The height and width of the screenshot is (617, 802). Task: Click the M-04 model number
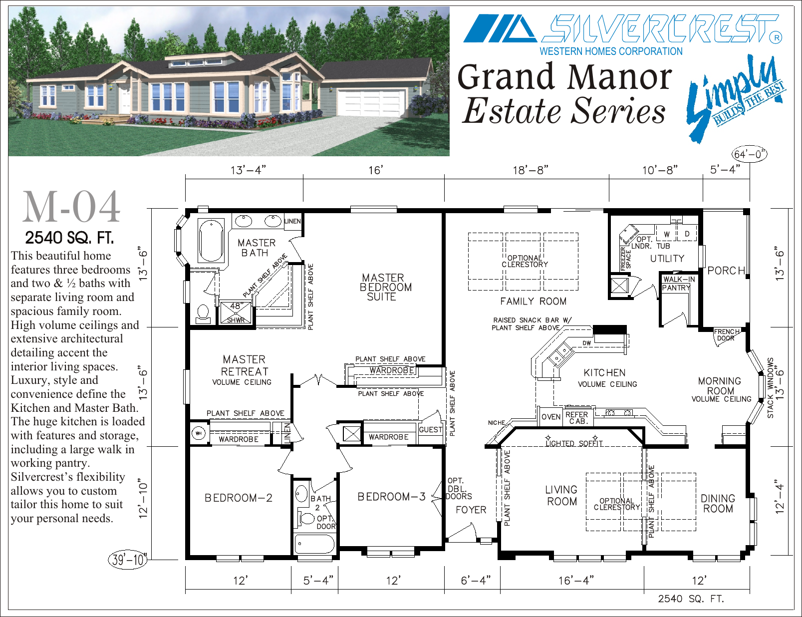(x=71, y=207)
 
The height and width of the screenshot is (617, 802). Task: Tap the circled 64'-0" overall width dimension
(x=749, y=154)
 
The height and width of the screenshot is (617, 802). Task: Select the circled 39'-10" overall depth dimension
(x=128, y=560)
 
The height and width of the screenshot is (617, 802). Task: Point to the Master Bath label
(x=257, y=248)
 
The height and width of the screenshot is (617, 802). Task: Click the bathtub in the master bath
(x=211, y=240)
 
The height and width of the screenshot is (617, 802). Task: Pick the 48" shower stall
(x=236, y=312)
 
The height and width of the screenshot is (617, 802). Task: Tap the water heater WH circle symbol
(x=199, y=433)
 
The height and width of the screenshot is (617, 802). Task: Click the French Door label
(x=726, y=334)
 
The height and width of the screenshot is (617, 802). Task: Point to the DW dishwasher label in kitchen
(x=587, y=343)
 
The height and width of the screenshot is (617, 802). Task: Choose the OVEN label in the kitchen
(x=551, y=417)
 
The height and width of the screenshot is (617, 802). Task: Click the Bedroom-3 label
(x=392, y=497)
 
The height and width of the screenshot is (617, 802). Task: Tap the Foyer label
(x=471, y=510)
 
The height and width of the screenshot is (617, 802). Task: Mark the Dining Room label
(x=718, y=503)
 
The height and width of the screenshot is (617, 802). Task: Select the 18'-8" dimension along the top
(x=531, y=170)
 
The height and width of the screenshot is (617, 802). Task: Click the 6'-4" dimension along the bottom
(x=476, y=581)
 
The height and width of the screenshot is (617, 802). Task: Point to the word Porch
(x=726, y=271)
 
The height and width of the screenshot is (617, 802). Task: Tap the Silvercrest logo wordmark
(x=662, y=28)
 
